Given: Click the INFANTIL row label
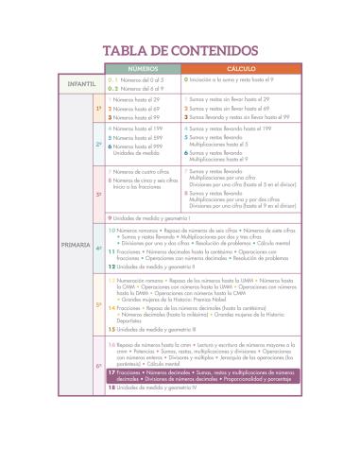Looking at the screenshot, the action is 81,84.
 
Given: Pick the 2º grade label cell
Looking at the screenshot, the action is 98,144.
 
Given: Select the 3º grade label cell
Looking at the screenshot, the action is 98,193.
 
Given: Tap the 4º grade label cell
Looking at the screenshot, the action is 98,249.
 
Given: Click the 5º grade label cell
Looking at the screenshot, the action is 98,304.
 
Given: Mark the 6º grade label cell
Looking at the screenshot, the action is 98,365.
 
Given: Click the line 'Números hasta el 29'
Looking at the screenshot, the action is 138,98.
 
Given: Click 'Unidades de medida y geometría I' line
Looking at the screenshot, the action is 156,218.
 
